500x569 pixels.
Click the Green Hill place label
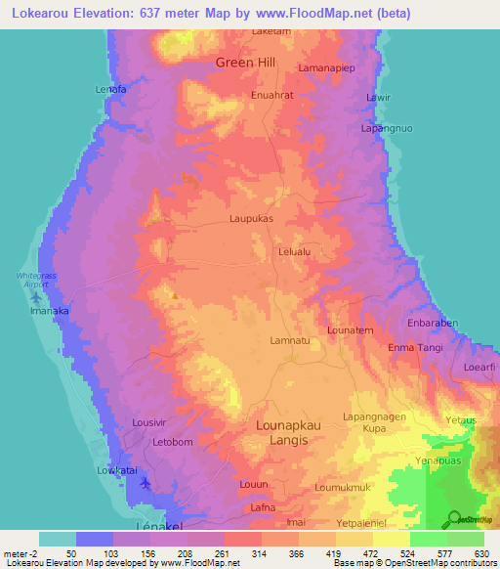[x=246, y=63]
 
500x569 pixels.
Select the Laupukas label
[x=251, y=219]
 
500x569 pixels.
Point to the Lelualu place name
[x=295, y=251]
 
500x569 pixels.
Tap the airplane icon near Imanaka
[x=37, y=296]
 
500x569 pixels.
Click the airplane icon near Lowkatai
[x=146, y=482]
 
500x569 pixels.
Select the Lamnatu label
[x=289, y=340]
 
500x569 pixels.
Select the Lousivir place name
[x=151, y=422]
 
